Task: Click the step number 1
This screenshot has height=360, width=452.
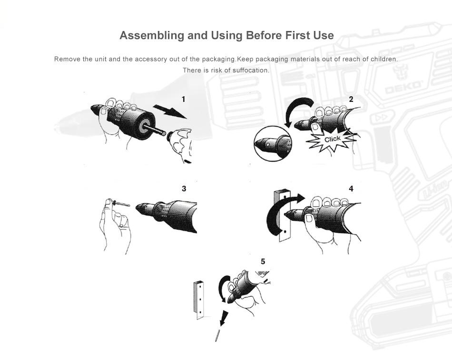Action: click(183, 99)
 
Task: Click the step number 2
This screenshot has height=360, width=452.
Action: click(351, 99)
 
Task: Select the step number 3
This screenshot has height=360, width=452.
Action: click(184, 189)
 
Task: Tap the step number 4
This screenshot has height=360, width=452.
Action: click(351, 189)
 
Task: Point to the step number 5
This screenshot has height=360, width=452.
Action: click(263, 261)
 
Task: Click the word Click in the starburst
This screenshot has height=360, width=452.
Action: click(333, 140)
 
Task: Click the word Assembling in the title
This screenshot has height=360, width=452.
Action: click(152, 35)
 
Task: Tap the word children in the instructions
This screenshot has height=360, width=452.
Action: click(384, 59)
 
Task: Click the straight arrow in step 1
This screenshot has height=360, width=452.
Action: click(170, 111)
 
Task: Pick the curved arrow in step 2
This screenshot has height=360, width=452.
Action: click(297, 110)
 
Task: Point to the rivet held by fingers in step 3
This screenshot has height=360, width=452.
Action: click(120, 204)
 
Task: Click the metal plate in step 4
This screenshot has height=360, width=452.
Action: click(282, 216)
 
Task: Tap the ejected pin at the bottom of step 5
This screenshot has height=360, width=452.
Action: click(217, 336)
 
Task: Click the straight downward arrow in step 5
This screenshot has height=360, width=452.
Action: click(224, 318)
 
